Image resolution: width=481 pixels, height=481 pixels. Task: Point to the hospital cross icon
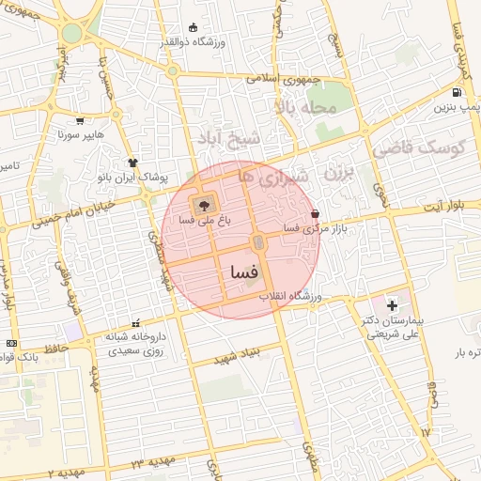392,305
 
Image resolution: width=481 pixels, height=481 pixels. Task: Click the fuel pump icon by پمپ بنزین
457,93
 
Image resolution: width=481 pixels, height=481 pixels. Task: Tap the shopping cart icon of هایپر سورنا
80,120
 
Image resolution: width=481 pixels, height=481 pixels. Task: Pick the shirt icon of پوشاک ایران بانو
132,162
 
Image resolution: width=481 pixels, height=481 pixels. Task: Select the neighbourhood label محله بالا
305,108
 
